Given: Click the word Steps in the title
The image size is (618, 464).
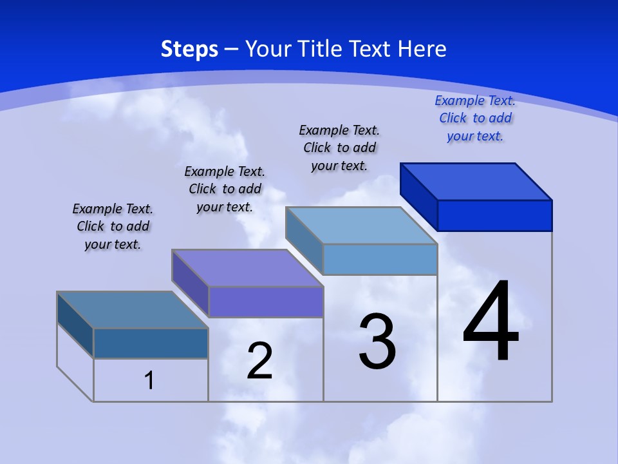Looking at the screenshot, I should click(x=189, y=49).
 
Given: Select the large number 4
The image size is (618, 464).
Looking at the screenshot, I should click(x=491, y=322).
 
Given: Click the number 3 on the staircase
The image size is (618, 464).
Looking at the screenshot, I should click(x=377, y=342).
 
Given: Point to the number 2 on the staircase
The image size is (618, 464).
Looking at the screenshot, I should click(x=259, y=361).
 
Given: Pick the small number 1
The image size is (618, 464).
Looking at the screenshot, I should click(x=149, y=380).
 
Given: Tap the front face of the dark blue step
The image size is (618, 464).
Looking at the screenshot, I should click(x=494, y=215).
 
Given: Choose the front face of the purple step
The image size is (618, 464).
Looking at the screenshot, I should click(x=265, y=302).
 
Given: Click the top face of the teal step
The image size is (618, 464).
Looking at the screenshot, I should click(x=133, y=310).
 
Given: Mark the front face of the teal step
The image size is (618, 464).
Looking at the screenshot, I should click(x=151, y=343).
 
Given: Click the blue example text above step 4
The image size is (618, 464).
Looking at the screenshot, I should click(x=475, y=118).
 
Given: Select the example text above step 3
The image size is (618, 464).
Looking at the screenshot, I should click(x=339, y=148).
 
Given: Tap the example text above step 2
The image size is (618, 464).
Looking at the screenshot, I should click(x=225, y=189).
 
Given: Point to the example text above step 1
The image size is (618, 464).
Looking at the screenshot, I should click(x=113, y=226).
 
